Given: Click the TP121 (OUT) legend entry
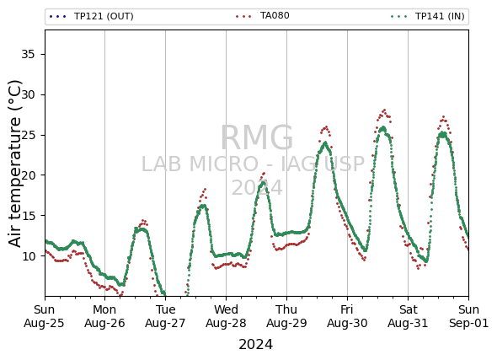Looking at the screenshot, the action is click(x=91, y=16).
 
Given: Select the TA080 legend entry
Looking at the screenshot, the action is click(x=263, y=15).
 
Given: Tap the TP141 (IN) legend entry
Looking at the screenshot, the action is click(x=428, y=16).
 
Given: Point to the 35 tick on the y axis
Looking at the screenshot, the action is click(x=28, y=55).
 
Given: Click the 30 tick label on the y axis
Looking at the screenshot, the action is click(x=28, y=94).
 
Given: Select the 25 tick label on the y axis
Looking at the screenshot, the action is click(x=28, y=135).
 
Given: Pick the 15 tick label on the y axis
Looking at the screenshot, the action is click(x=28, y=216).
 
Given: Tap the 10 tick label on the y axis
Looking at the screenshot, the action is click(x=28, y=256).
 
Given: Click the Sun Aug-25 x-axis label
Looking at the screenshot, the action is click(x=44, y=316).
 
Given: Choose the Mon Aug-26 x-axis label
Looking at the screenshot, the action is click(x=104, y=316).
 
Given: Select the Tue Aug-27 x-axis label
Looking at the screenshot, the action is click(x=165, y=316).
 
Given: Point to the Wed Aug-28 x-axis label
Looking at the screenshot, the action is click(x=226, y=316).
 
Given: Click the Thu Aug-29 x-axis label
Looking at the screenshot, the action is click(x=286, y=316).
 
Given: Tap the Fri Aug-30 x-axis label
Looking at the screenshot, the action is click(x=347, y=316).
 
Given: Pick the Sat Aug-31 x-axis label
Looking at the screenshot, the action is click(x=408, y=316).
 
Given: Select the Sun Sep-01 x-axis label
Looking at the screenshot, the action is click(x=469, y=316).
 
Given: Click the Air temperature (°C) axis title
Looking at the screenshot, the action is click(x=14, y=164).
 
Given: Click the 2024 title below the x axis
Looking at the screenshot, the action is click(x=256, y=345).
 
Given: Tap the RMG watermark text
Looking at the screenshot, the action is click(x=257, y=137).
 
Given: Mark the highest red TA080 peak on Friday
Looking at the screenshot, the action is click(x=384, y=110).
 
